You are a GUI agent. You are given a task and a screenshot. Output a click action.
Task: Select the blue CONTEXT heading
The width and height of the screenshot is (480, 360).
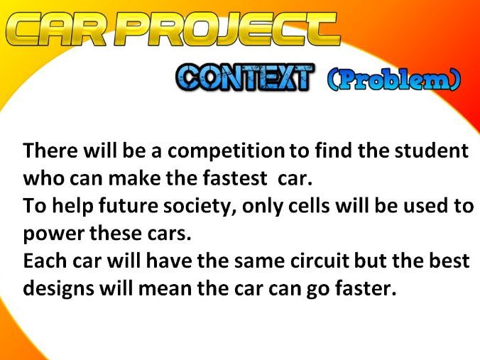[x=244, y=77]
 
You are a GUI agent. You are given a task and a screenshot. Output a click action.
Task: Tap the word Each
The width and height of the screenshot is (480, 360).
[x=41, y=261]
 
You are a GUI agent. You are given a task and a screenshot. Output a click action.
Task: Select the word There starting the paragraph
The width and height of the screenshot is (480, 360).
[x=47, y=151]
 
